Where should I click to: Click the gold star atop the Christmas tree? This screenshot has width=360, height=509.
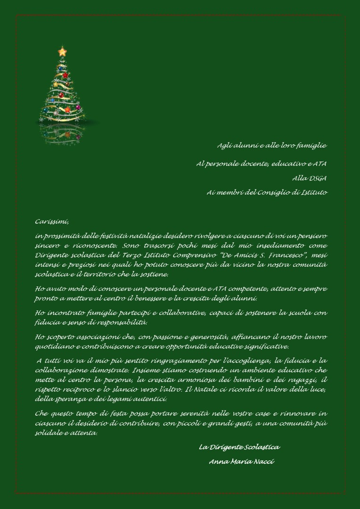pyautogui.click(x=62, y=51)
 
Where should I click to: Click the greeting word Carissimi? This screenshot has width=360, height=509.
pyautogui.click(x=52, y=222)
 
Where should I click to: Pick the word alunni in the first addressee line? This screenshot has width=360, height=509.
pyautogui.click(x=246, y=146)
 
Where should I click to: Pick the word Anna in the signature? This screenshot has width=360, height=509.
pyautogui.click(x=219, y=461)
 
